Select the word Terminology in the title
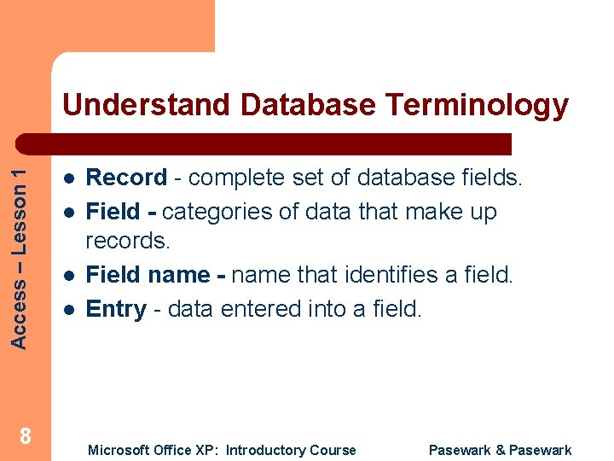477,105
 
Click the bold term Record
127,178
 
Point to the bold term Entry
116,309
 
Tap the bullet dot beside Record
67,178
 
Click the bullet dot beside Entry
67,310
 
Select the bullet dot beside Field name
67,276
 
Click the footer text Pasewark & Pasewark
500,450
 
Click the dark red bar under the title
281,143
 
